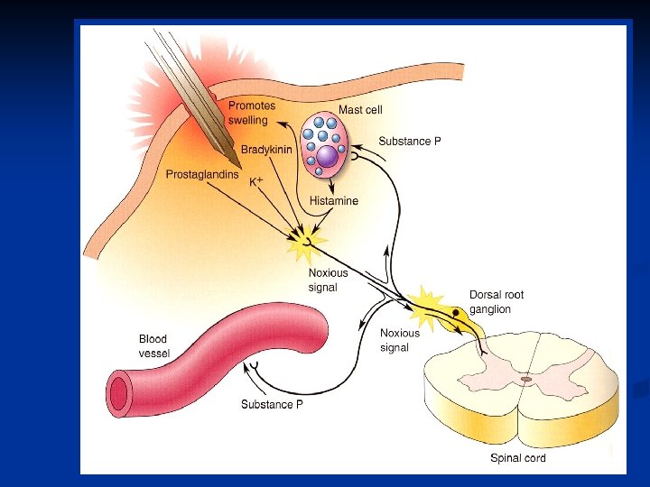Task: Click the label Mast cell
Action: pos(360,110)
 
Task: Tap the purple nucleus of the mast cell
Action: pos(327,156)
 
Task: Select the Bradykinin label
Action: pos(266,150)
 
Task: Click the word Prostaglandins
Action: pos(201,174)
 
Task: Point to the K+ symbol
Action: pos(256,181)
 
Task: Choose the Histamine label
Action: pos(333,201)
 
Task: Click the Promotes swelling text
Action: pos(251,113)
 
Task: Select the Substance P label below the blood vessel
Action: pos(272,404)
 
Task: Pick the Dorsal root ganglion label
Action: pos(496,302)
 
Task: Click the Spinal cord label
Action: pos(517,458)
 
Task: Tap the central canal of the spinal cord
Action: pos(525,380)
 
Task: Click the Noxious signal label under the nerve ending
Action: pos(327,280)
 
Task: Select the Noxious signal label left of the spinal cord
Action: pos(399,340)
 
